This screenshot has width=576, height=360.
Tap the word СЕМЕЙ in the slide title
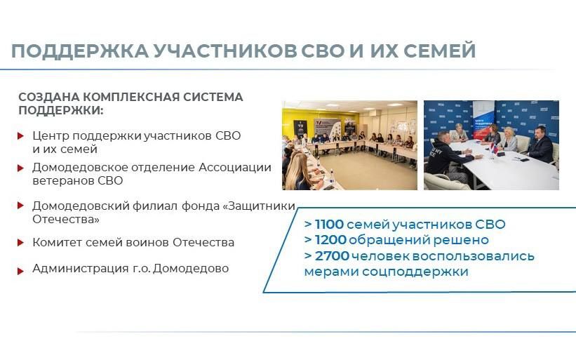pyautogui.click(x=438, y=51)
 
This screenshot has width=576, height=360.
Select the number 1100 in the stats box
pyautogui.click(x=330, y=225)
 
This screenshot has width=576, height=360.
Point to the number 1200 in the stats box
pyautogui.click(x=330, y=240)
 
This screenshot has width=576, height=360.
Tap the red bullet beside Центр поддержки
pyautogui.click(x=21, y=135)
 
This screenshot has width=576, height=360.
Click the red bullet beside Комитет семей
pyautogui.click(x=21, y=242)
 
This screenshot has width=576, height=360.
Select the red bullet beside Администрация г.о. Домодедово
pyautogui.click(x=21, y=269)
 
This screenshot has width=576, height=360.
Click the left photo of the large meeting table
pyautogui.click(x=349, y=145)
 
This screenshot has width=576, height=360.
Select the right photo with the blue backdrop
pyautogui.click(x=491, y=145)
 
